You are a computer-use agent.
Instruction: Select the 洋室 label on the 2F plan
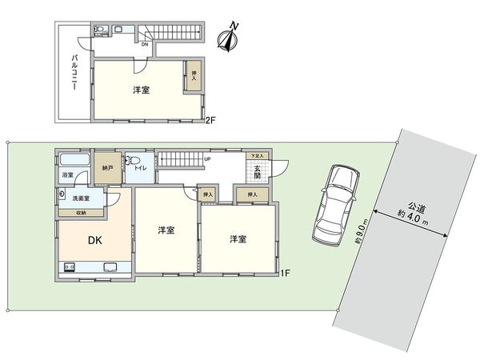point(141,90)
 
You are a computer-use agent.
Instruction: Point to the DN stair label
point(145,44)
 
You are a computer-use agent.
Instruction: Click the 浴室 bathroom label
point(67,174)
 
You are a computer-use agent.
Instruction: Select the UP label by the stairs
point(207,158)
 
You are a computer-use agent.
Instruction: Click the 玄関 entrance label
point(258,172)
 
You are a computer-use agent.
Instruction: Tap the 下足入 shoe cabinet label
point(256,156)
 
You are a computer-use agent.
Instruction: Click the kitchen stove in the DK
point(67,266)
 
